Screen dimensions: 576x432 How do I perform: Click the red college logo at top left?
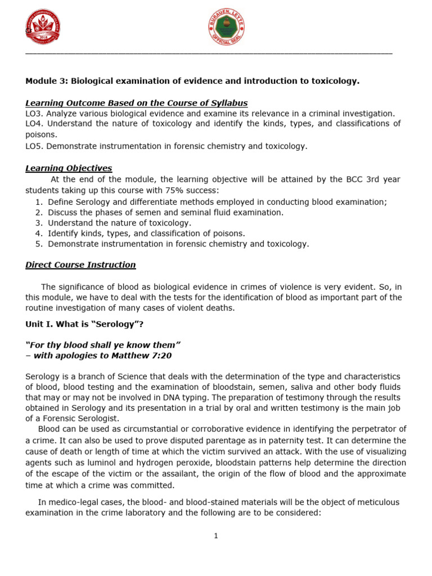click(x=43, y=27)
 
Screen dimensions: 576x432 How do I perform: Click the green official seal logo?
click(x=226, y=27)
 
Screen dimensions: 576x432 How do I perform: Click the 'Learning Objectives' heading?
click(x=69, y=168)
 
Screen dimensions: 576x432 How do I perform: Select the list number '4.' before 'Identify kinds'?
click(x=38, y=233)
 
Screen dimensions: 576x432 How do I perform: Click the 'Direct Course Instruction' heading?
click(x=80, y=265)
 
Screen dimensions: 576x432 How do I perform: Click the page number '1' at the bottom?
click(x=215, y=536)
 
